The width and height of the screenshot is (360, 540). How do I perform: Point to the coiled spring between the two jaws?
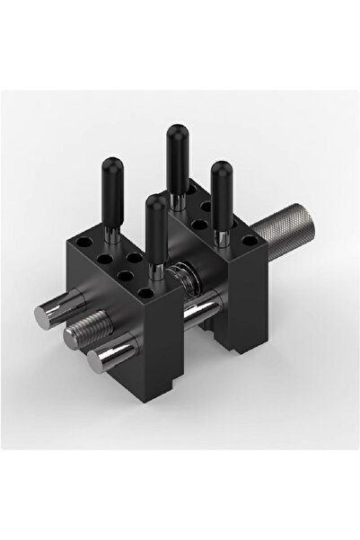coord(183,297)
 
